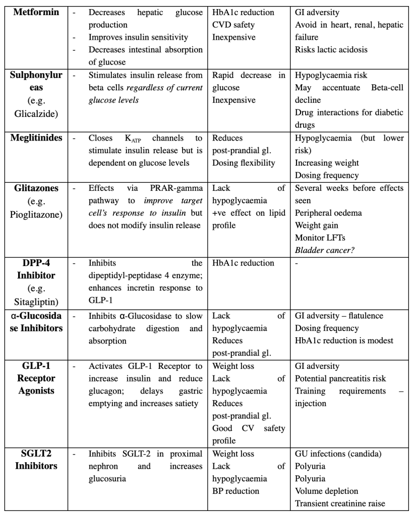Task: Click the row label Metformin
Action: (35, 12)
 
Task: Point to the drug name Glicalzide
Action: (35, 112)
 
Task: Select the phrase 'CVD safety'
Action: (233, 24)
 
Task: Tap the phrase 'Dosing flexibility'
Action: (244, 163)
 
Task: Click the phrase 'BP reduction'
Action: (236, 491)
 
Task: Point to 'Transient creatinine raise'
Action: (343, 503)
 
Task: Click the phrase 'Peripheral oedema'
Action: (328, 213)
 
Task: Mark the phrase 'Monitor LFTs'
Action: (319, 237)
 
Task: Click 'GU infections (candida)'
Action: (338, 454)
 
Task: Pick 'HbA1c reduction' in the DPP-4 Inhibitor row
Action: (243, 263)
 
